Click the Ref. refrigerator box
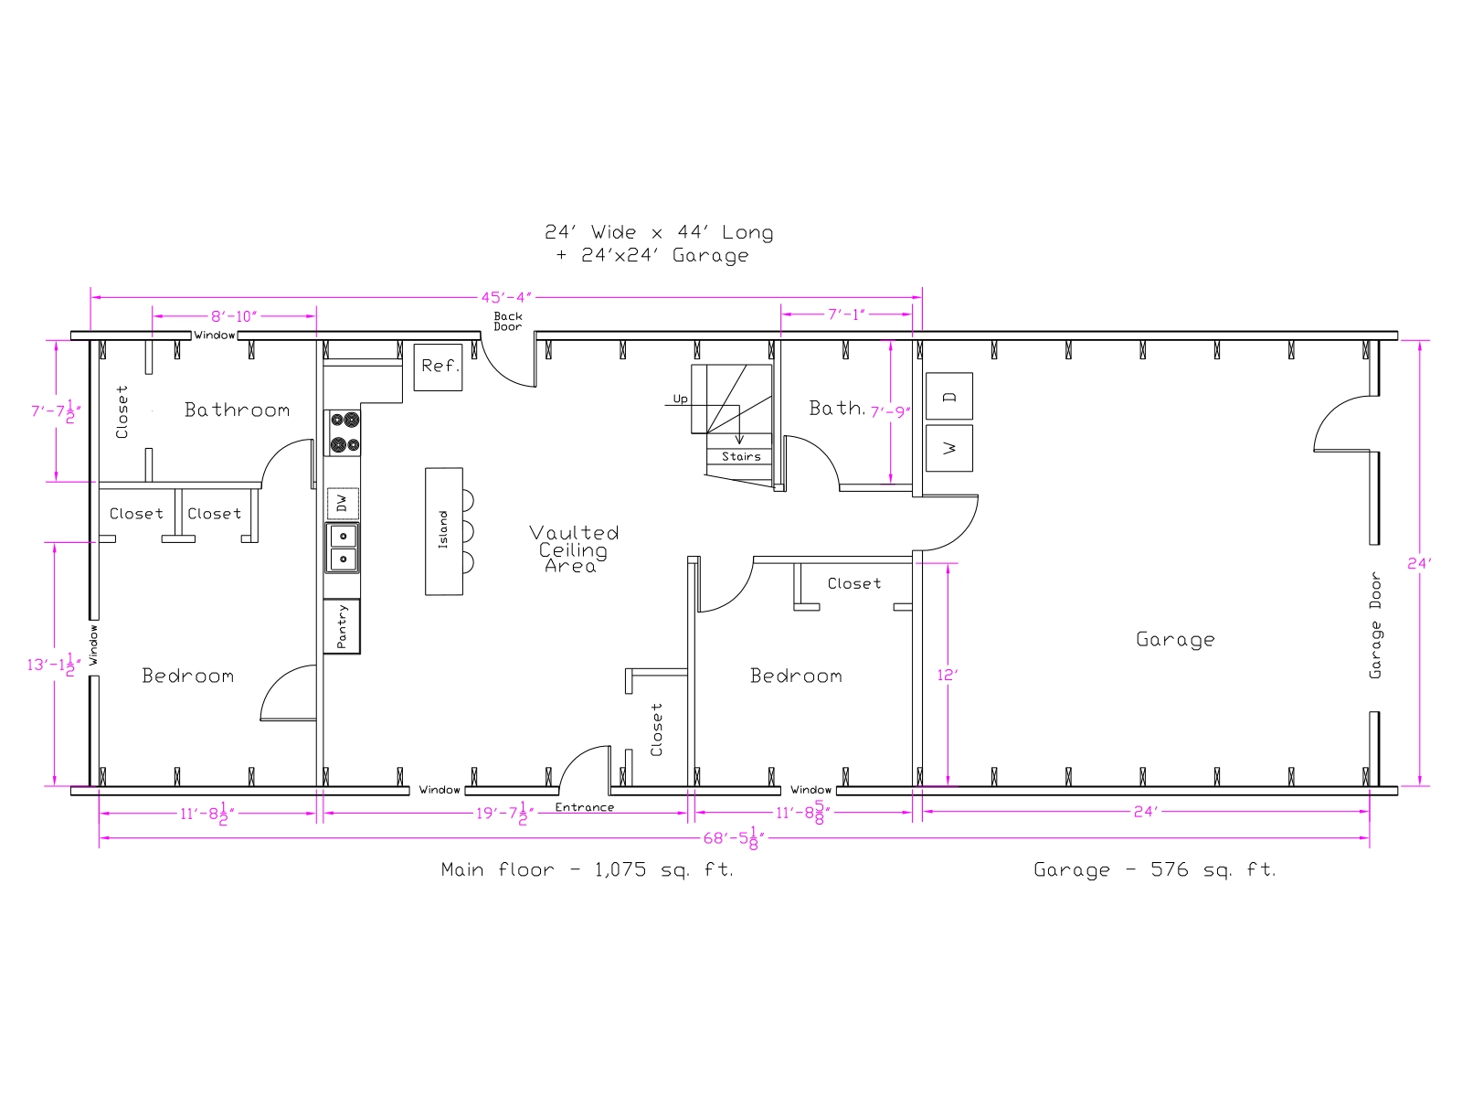(x=438, y=367)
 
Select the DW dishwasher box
(x=343, y=504)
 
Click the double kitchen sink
(x=343, y=548)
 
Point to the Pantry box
(x=342, y=626)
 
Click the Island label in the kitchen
(x=443, y=529)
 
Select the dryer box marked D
(x=949, y=396)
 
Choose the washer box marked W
(x=949, y=448)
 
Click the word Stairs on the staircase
(x=741, y=456)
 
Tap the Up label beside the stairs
(x=680, y=399)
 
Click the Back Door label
(x=507, y=321)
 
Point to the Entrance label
(x=584, y=807)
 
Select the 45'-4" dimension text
(x=506, y=297)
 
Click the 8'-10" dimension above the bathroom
(x=234, y=315)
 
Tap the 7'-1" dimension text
(x=846, y=314)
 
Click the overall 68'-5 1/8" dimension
(x=734, y=837)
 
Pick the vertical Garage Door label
(x=1375, y=625)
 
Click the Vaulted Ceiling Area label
(x=574, y=548)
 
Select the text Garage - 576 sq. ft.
(x=1154, y=869)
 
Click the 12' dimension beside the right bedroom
(x=947, y=675)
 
